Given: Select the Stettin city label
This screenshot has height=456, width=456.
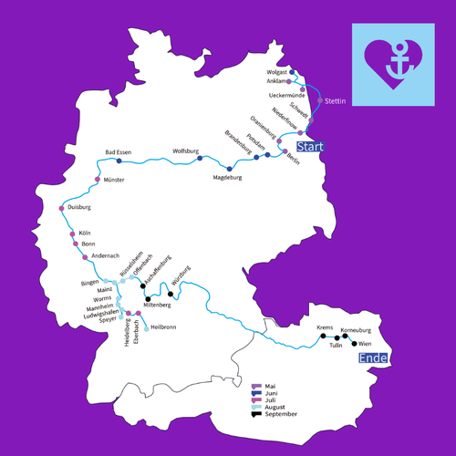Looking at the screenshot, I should pyautogui.click(x=336, y=101).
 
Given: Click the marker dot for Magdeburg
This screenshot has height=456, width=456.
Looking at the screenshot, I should pyautogui.click(x=230, y=169).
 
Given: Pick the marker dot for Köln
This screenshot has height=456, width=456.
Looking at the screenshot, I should pyautogui.click(x=72, y=234).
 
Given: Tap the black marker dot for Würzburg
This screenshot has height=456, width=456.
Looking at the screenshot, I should pyautogui.click(x=171, y=294).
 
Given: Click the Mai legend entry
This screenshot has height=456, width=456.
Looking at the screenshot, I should pyautogui.click(x=270, y=387).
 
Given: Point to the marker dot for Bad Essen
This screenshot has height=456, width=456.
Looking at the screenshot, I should pyautogui.click(x=119, y=161).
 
